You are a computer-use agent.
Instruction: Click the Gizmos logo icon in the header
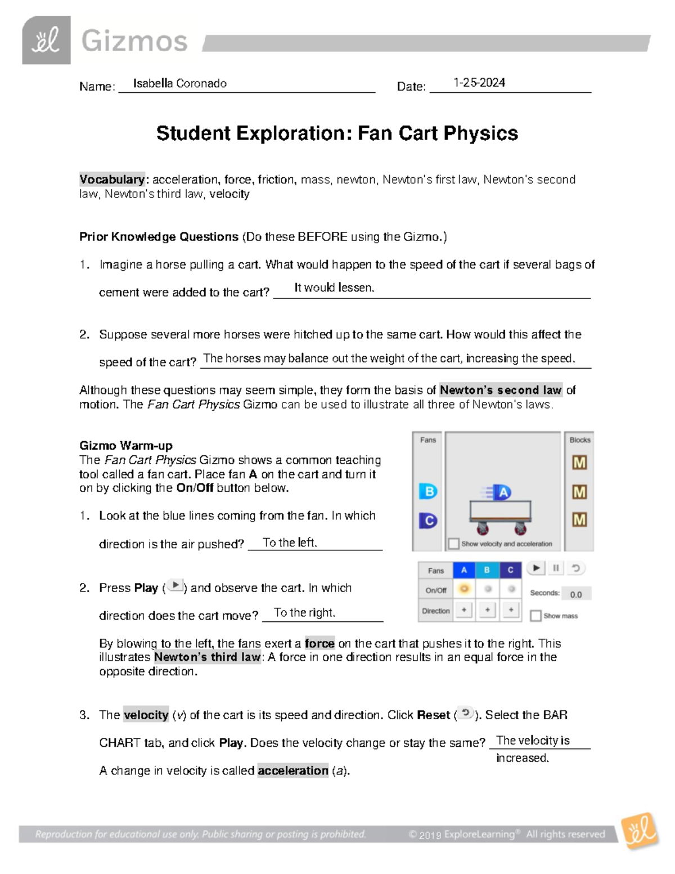tap(46, 40)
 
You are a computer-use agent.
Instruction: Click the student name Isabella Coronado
tap(179, 83)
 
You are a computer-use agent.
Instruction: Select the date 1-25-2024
tap(479, 83)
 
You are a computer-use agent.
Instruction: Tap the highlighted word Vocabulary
tap(112, 180)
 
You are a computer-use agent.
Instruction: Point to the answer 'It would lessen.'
tap(334, 288)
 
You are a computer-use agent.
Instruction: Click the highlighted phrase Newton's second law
tap(500, 390)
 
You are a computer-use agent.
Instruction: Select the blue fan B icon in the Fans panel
tap(428, 491)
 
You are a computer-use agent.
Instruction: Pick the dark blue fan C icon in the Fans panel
tap(428, 521)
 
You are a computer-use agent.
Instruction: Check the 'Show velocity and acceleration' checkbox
tap(454, 544)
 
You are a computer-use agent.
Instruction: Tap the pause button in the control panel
tap(556, 568)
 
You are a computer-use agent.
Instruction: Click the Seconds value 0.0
tap(575, 594)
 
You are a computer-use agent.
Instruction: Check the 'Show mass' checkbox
tap(536, 616)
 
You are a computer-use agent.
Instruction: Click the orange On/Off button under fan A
tap(464, 589)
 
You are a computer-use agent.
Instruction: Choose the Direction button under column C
tap(511, 610)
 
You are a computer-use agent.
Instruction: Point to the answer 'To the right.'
tap(304, 613)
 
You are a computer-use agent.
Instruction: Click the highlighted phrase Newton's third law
tap(207, 657)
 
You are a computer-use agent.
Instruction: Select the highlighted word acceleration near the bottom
tap(292, 770)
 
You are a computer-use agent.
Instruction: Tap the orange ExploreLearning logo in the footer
tap(640, 831)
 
